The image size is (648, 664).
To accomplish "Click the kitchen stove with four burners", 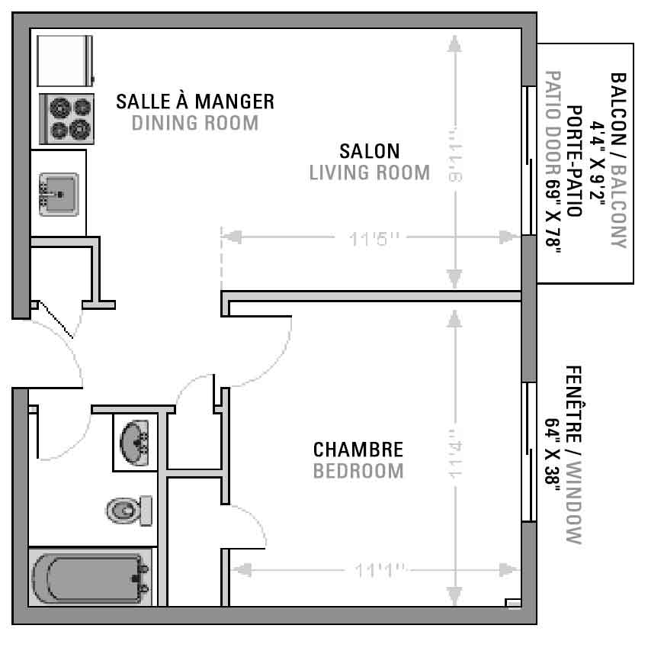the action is tap(66, 119).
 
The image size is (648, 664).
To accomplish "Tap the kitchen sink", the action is tap(59, 195).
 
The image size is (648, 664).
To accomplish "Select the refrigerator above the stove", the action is tap(65, 61).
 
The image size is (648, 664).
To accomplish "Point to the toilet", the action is tap(129, 511).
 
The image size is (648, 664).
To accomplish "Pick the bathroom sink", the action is tap(134, 443).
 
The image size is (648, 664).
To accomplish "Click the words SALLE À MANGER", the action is tap(195, 102).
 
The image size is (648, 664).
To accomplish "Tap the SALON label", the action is tap(370, 151).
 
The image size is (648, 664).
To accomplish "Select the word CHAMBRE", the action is tap(358, 450).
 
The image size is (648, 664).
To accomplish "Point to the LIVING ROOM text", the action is tap(370, 172).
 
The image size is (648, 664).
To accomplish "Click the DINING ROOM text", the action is tap(195, 123).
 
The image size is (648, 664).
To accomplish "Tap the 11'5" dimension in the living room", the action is tap(374, 239).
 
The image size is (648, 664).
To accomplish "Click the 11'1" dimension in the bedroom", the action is tap(380, 570).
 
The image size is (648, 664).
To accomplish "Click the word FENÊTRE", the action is tap(574, 404).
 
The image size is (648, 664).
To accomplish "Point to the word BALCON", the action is tap(618, 108).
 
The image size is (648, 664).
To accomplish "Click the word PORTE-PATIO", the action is tap(574, 161).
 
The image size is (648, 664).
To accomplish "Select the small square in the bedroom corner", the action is tap(513, 603).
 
